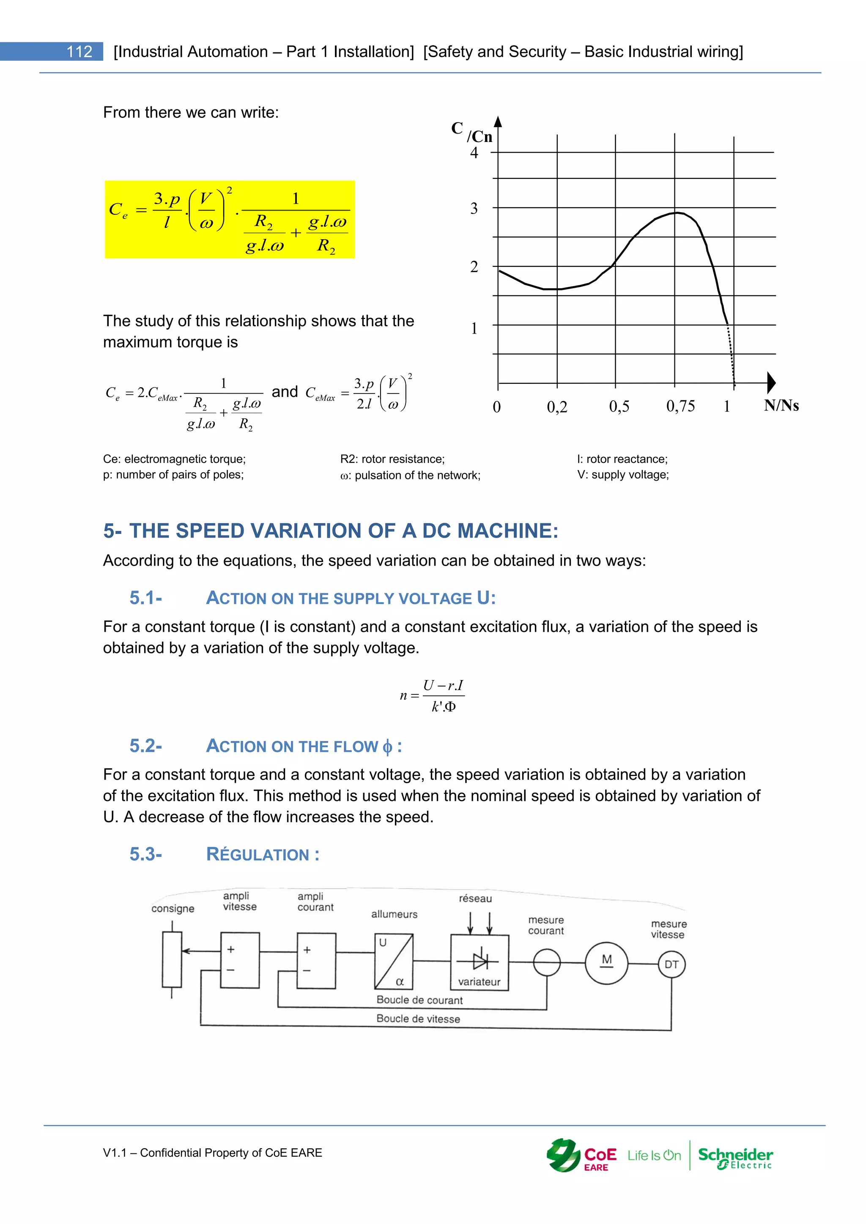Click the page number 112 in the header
tap(79, 52)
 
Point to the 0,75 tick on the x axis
tap(680, 406)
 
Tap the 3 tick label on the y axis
tap(474, 208)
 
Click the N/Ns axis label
tap(781, 405)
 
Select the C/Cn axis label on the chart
tap(471, 132)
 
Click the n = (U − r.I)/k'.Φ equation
tap(433, 696)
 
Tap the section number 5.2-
tap(145, 746)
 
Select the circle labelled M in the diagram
tap(606, 963)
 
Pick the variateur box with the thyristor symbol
tap(480, 962)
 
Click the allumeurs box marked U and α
tap(394, 961)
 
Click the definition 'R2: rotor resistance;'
tap(392, 459)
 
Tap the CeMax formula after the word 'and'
tap(358, 394)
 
